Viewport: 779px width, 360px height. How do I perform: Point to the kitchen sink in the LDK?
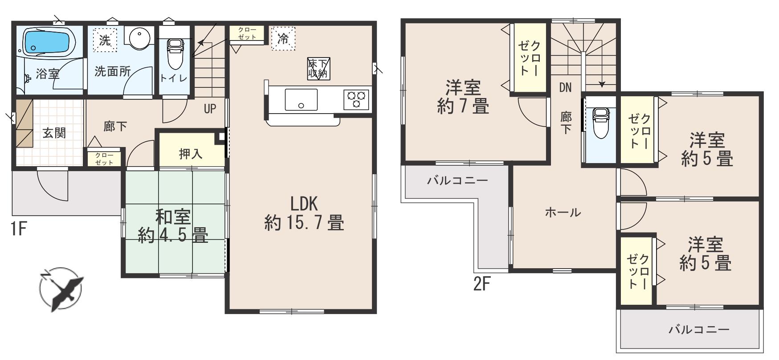pyautogui.click(x=302, y=99)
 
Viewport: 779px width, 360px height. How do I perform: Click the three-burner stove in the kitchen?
pyautogui.click(x=356, y=99)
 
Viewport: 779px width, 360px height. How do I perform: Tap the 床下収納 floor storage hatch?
pyautogui.click(x=318, y=69)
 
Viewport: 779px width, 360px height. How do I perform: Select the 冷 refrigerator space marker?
pyautogui.click(x=283, y=38)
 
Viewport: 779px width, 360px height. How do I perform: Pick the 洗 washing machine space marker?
pyautogui.click(x=105, y=41)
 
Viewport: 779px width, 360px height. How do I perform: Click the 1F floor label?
pyautogui.click(x=20, y=230)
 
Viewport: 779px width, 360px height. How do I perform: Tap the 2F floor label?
pyautogui.click(x=482, y=284)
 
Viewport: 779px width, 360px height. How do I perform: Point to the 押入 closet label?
pyautogui.click(x=191, y=154)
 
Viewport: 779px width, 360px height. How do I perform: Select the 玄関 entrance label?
pyautogui.click(x=54, y=133)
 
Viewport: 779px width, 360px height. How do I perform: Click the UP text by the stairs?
pyautogui.click(x=210, y=109)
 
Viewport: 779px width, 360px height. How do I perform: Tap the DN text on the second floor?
pyautogui.click(x=565, y=88)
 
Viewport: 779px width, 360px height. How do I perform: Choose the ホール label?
pyautogui.click(x=563, y=213)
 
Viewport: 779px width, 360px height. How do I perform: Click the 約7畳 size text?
pyautogui.click(x=463, y=106)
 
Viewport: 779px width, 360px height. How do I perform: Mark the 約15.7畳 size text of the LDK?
pyautogui.click(x=304, y=222)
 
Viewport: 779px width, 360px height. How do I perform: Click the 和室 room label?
pyautogui.click(x=173, y=217)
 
